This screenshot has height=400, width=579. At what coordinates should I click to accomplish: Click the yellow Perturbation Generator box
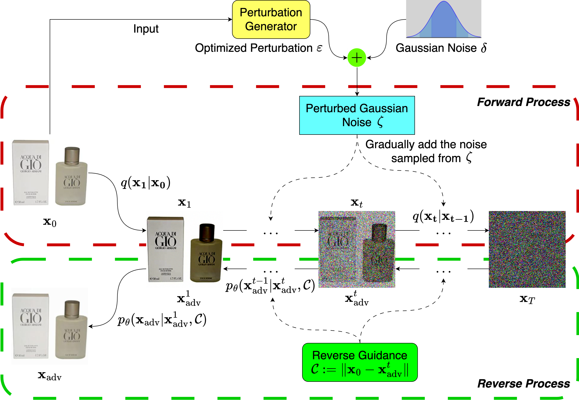271,20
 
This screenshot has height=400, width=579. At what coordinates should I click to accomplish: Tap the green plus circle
357,58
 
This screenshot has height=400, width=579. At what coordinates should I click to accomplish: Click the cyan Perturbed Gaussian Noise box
357,115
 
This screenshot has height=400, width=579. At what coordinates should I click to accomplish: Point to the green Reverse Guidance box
360,362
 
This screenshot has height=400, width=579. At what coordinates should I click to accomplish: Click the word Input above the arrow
146,29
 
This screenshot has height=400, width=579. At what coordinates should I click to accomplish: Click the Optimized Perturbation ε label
258,48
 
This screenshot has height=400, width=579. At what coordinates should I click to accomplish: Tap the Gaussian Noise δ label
441,48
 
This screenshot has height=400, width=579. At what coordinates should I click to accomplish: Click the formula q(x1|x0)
145,183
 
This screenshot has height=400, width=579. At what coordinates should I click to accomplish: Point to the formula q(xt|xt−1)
443,216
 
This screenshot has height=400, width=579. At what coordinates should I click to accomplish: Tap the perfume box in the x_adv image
31,326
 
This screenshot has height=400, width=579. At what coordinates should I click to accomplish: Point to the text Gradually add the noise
426,145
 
